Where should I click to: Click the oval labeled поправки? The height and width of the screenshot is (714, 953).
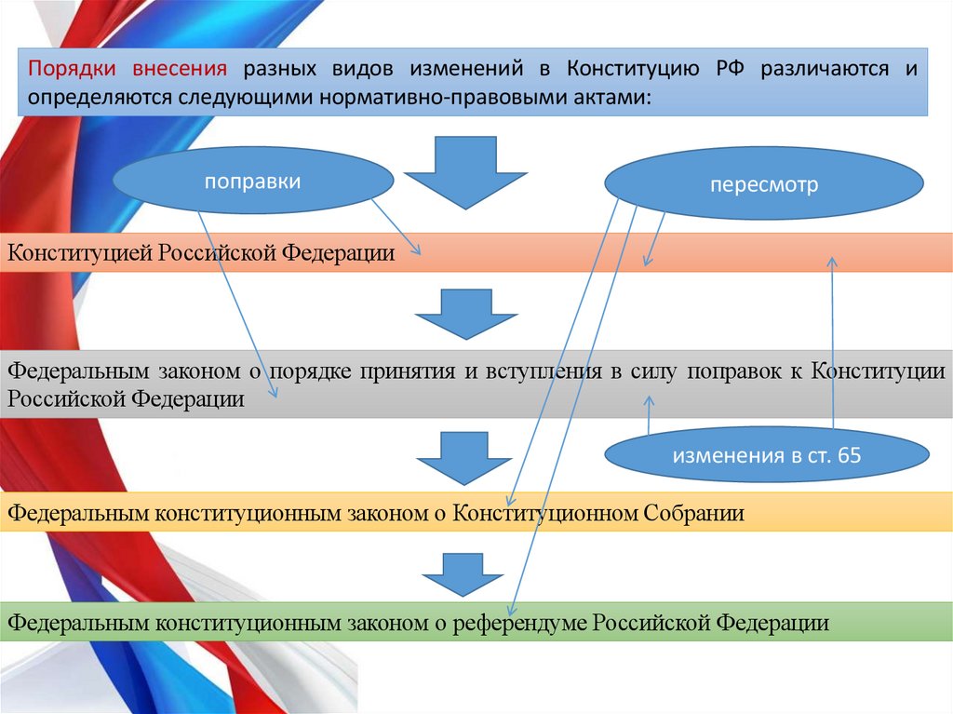pyautogui.click(x=252, y=181)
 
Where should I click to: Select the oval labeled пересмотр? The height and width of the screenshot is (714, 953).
pyautogui.click(x=764, y=185)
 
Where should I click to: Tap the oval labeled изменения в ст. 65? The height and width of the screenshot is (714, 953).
pyautogui.click(x=768, y=455)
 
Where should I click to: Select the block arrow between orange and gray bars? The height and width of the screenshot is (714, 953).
pyautogui.click(x=465, y=314)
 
